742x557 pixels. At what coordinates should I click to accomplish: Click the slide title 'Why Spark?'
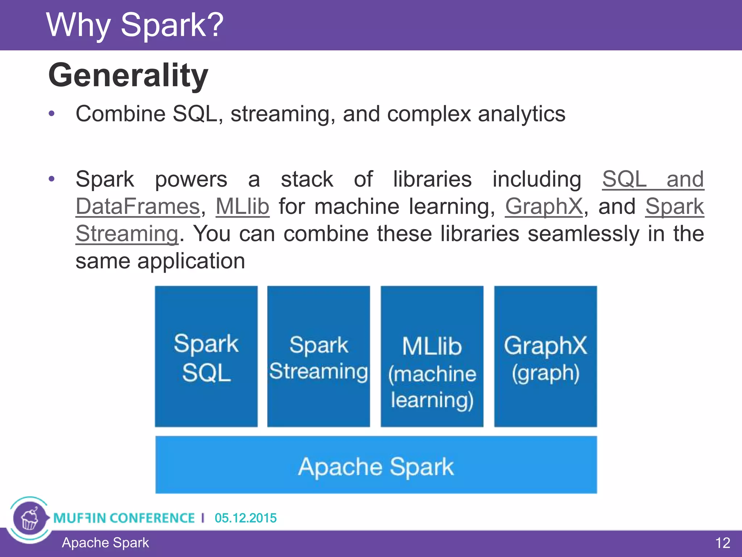tap(135, 25)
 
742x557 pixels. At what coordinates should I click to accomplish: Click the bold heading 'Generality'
tap(128, 75)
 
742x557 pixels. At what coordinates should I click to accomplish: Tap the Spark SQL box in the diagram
tap(206, 356)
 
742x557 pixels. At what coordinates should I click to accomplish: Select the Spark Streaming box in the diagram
tap(318, 356)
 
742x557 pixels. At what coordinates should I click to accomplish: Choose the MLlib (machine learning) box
tap(432, 356)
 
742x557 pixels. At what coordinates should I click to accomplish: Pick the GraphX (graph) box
tap(545, 356)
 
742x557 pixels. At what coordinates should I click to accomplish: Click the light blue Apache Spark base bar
tap(376, 465)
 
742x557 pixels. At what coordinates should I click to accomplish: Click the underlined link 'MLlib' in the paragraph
tap(242, 207)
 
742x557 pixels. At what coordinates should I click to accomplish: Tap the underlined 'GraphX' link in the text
tap(544, 207)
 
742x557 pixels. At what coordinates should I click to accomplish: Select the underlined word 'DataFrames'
tap(138, 207)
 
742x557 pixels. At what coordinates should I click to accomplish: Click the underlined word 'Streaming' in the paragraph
tap(127, 234)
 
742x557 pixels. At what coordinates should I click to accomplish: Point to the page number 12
tap(722, 543)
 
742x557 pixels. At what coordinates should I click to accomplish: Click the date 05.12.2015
tap(246, 518)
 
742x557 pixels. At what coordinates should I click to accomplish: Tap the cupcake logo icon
tap(30, 519)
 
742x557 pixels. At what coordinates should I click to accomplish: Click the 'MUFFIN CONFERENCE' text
tap(124, 518)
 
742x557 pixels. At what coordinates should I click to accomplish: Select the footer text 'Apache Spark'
tap(105, 543)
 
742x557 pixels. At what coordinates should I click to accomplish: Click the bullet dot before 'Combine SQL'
tap(52, 114)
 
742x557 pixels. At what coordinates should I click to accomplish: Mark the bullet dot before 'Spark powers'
tap(52, 179)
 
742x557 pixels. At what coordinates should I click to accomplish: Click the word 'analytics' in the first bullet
tap(521, 115)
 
